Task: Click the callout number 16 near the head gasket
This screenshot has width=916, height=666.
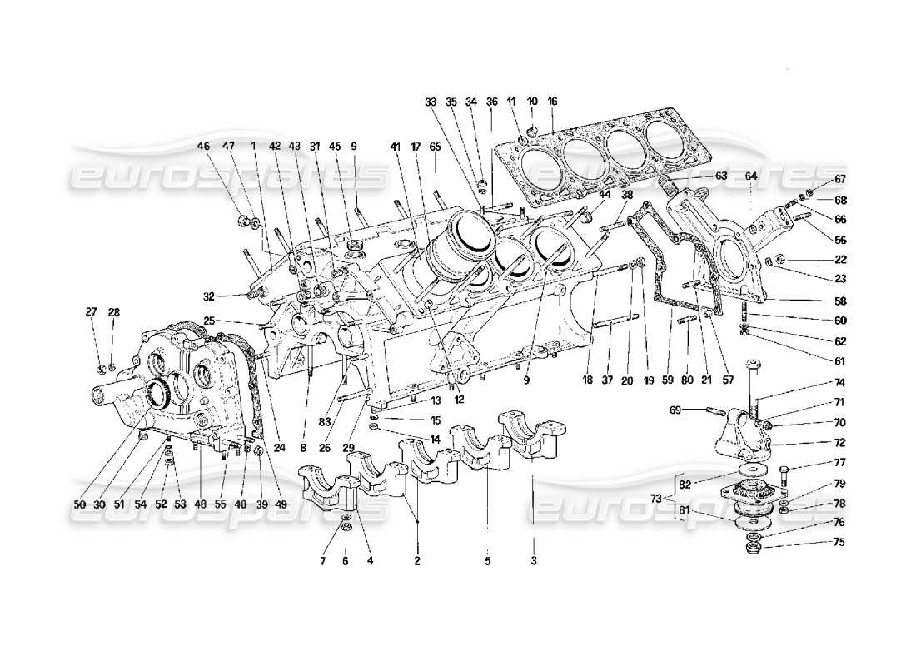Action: [552, 101]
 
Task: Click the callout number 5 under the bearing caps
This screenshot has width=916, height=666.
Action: [488, 560]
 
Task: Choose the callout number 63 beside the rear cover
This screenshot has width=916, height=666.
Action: [720, 176]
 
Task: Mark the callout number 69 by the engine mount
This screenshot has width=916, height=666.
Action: [675, 409]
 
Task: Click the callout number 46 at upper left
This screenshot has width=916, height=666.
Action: [203, 145]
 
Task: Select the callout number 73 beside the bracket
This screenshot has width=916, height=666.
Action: [656, 498]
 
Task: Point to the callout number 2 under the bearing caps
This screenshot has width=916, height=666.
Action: [417, 560]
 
